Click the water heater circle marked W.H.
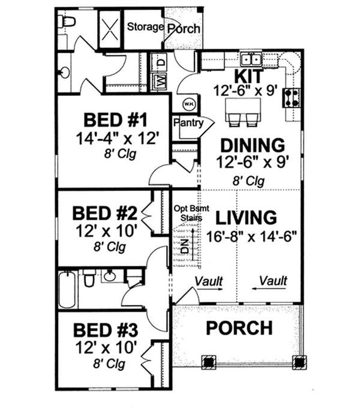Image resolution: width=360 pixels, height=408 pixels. pos(187,104)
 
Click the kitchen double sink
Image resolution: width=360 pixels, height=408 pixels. pos(251,59)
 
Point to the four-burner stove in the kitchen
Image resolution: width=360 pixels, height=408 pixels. pos(292,98)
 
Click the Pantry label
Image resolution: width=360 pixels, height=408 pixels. pos(188,122)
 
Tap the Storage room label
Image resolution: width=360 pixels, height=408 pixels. pos(145,27)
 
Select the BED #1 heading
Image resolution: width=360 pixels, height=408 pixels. pos(115,120)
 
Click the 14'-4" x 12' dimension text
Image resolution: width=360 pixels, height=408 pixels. pos(117,139)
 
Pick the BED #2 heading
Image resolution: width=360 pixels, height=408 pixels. pos(104,214)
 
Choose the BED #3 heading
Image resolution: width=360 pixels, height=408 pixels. pos(106,330)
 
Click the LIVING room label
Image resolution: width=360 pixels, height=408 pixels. pos(246,217)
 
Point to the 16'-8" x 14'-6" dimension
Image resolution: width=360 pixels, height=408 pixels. pos(251,236)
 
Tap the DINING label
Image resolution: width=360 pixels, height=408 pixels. pos(253,145)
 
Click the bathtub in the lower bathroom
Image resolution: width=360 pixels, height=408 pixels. pos(68,289)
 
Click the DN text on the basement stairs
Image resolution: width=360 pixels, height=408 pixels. pos(184,247)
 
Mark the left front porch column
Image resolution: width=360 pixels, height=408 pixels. pos(208,362)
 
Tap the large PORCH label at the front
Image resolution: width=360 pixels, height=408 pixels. pos(239,328)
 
